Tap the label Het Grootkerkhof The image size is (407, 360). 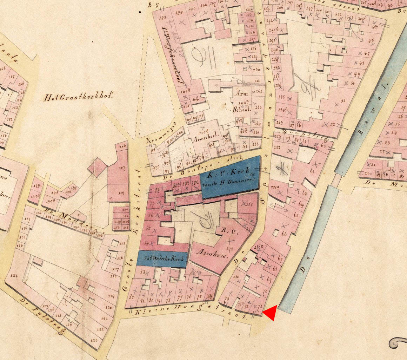(78, 97)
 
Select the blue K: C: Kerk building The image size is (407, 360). (230, 177)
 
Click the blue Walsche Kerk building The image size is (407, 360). (162, 259)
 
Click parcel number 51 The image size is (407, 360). (343, 100)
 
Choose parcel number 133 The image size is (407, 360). (14, 275)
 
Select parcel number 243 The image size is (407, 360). (162, 18)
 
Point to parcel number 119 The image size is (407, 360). (111, 296)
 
